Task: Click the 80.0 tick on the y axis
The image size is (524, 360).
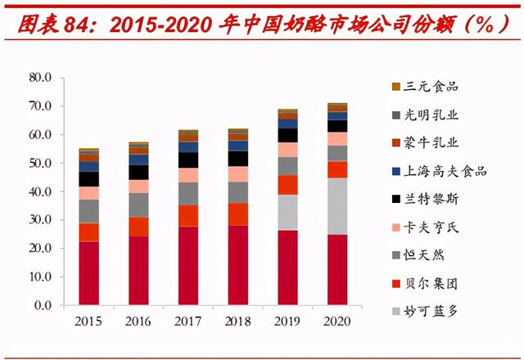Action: (40, 78)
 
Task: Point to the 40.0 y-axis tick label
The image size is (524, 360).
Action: (40, 191)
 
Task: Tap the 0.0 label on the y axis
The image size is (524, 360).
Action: (43, 305)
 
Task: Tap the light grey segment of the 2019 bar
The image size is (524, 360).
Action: (287, 212)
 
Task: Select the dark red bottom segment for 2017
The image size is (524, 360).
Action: (188, 266)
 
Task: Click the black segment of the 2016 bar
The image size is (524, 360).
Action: (138, 173)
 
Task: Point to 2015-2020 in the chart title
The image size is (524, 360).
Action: (156, 25)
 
